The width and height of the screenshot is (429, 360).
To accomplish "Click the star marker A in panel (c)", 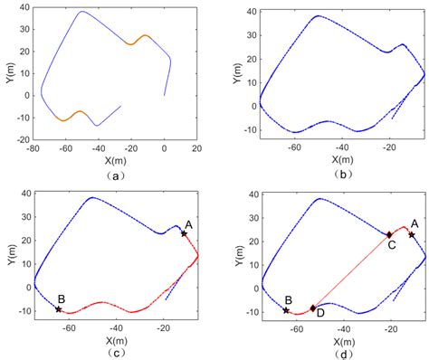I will click(184, 233).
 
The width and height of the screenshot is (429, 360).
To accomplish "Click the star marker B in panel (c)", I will click(59, 309).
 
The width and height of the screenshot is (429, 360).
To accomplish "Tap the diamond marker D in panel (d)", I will click(313, 308).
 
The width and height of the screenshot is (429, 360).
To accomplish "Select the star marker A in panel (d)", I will click(411, 234).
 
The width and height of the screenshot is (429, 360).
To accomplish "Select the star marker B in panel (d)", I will click(286, 310).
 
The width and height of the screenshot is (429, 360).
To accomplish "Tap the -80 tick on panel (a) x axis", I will click(32, 147).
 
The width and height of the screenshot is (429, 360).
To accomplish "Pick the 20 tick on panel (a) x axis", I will click(196, 147).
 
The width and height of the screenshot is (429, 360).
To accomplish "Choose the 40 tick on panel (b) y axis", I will click(251, 12).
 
